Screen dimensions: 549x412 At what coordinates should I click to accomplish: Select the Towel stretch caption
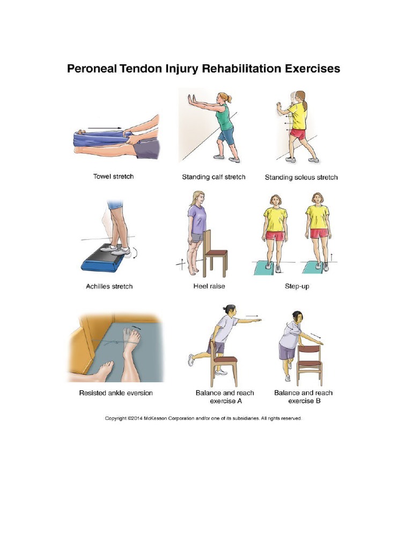[x=113, y=177]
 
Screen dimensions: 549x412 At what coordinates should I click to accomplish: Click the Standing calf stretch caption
[x=214, y=177]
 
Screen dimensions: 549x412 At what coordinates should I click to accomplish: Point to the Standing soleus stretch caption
[x=301, y=177]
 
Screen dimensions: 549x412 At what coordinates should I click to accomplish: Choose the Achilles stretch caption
[x=109, y=286]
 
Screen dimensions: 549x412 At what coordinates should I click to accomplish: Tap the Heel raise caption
[x=209, y=286]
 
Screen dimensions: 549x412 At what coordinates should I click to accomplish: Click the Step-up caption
[x=297, y=286]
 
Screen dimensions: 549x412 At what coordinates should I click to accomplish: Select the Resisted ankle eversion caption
[x=116, y=393]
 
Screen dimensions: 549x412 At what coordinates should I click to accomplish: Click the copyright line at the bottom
[x=203, y=419]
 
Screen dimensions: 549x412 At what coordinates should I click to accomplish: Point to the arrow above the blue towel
[x=105, y=129]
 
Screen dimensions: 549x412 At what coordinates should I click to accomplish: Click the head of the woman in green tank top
[x=223, y=98]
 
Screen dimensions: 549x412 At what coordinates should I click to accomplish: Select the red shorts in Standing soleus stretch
[x=298, y=134]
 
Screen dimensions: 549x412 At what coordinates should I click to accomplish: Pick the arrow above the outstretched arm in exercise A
[x=252, y=316]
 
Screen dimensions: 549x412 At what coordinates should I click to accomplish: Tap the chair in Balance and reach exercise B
[x=310, y=359]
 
